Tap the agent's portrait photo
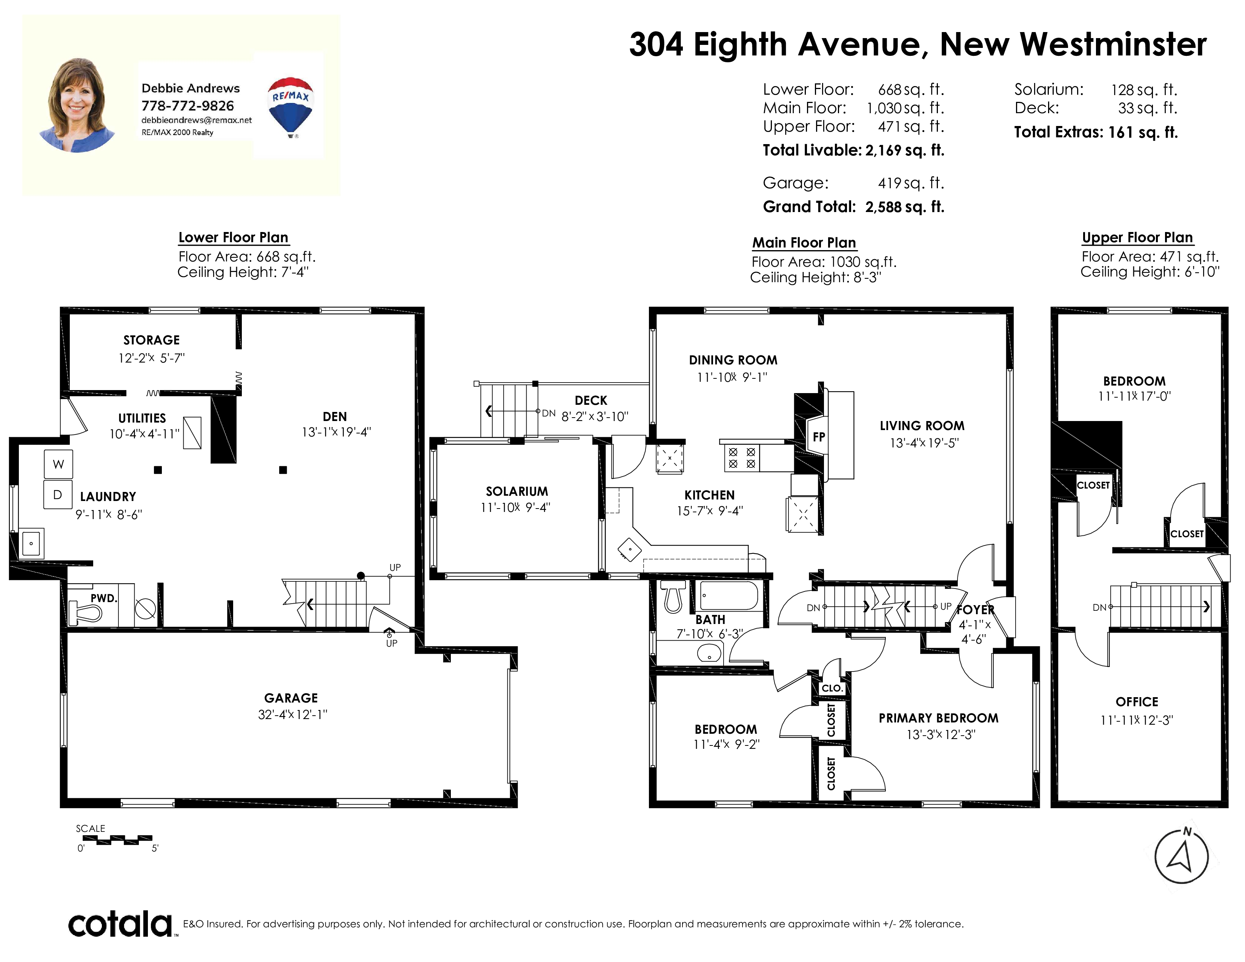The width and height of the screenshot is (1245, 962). click(x=77, y=105)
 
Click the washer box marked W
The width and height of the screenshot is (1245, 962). click(x=58, y=464)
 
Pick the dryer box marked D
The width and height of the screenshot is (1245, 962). click(x=58, y=495)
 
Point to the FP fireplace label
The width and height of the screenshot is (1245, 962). click(x=819, y=437)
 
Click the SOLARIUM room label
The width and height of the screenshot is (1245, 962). click(x=516, y=491)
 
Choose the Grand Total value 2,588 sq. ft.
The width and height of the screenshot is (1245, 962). click(x=905, y=207)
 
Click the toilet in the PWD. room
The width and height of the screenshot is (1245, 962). click(x=86, y=613)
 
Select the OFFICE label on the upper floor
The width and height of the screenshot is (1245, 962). click(x=1137, y=702)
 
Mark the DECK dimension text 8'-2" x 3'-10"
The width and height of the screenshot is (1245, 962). click(x=595, y=416)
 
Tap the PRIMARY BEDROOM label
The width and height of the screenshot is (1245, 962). click(x=938, y=718)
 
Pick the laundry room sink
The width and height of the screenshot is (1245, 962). click(x=31, y=544)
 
